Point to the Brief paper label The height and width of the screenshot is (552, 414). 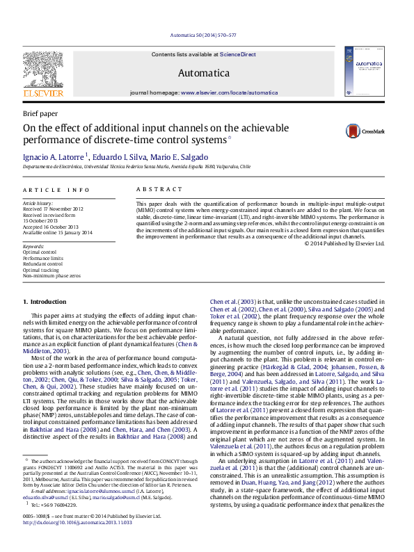(x=40, y=113)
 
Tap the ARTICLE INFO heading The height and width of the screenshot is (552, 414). (x=56, y=190)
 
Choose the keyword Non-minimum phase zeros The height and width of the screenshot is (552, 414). (x=51, y=275)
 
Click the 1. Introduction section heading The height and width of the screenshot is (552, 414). (x=45, y=301)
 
